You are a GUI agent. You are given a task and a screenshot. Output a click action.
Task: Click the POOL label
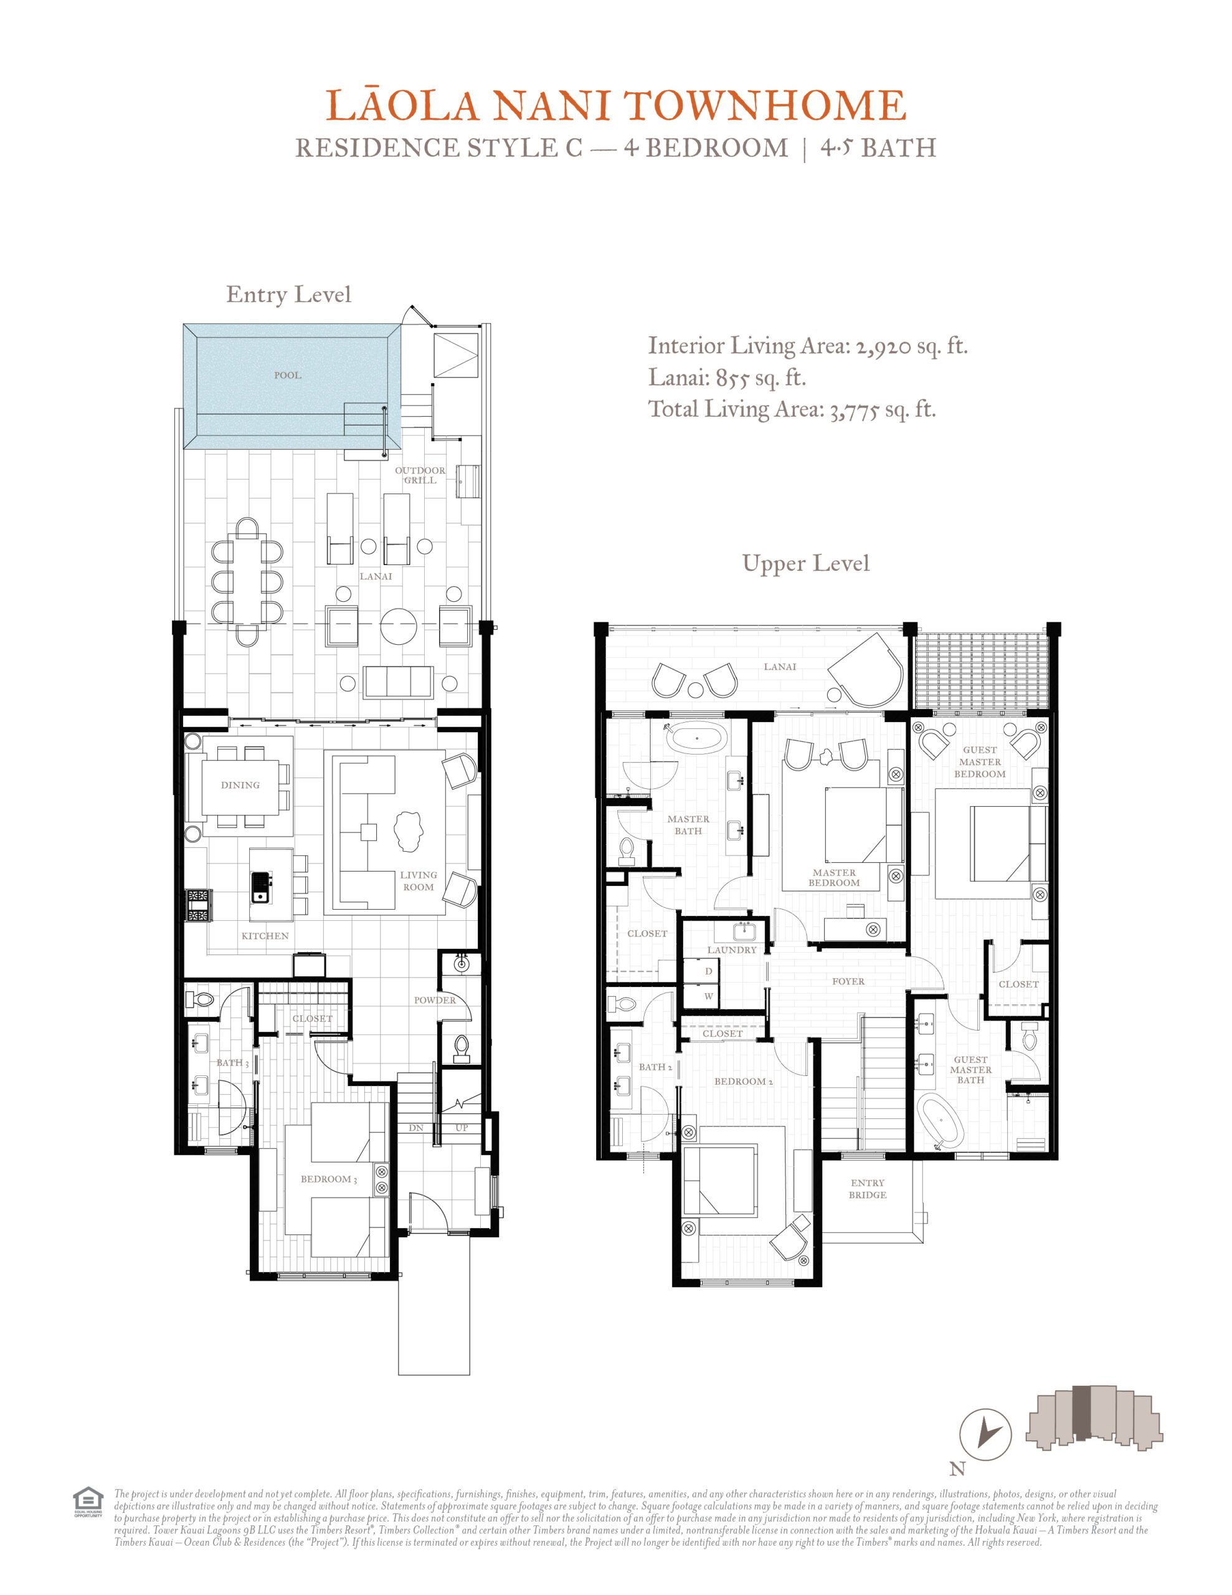(288, 375)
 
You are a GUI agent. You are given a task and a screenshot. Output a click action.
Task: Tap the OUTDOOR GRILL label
(420, 475)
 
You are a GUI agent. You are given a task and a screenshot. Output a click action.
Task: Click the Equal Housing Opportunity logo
(88, 1502)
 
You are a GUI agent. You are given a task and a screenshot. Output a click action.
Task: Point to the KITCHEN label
(265, 936)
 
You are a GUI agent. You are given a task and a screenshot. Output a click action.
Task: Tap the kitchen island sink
(260, 887)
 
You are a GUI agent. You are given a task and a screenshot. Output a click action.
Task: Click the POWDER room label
(435, 1000)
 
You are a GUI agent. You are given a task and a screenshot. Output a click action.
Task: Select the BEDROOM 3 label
(329, 1179)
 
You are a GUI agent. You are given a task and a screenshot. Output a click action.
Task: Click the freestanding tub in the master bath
(697, 738)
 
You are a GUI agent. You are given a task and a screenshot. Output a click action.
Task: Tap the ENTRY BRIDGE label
(868, 1188)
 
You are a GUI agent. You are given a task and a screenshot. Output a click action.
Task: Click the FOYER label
(848, 981)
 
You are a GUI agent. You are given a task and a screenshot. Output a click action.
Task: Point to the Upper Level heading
(805, 563)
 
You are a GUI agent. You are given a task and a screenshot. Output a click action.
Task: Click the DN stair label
(416, 1128)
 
